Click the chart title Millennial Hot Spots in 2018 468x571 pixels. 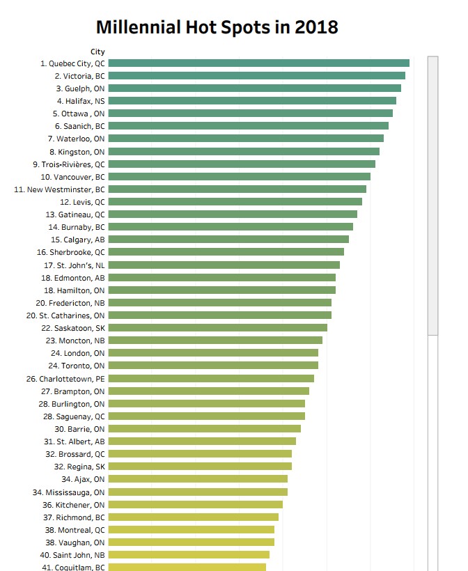pyautogui.click(x=217, y=27)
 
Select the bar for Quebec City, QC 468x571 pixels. pyautogui.click(x=259, y=63)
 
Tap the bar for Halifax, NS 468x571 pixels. pyautogui.click(x=252, y=101)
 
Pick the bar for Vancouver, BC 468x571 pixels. pyautogui.click(x=240, y=177)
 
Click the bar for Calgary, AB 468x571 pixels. pyautogui.click(x=228, y=240)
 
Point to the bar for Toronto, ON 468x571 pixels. pyautogui.click(x=213, y=366)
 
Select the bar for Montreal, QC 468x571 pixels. pyautogui.click(x=192, y=529)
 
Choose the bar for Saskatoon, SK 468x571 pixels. pyautogui.click(x=218, y=328)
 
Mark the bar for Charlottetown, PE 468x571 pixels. pyautogui.click(x=211, y=378)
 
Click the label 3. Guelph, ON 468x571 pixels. pyautogui.click(x=80, y=88)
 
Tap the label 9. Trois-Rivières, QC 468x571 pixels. pyautogui.click(x=69, y=164)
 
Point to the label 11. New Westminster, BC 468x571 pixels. pyautogui.click(x=59, y=189)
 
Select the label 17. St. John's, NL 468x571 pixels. pyautogui.click(x=75, y=265)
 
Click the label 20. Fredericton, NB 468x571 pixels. pyautogui.click(x=70, y=303)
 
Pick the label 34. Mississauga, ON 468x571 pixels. pyautogui.click(x=68, y=492)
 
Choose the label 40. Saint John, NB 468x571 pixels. pyautogui.click(x=72, y=555)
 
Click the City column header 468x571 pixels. pyautogui.click(x=97, y=52)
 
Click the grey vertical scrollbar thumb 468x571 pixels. pyautogui.click(x=432, y=196)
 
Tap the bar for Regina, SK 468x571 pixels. pyautogui.click(x=200, y=466)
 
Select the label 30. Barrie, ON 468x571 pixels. pyautogui.click(x=79, y=429)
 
